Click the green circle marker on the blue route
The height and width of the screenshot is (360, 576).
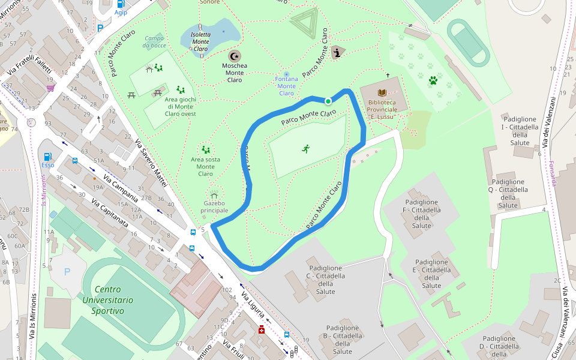[x=328, y=101]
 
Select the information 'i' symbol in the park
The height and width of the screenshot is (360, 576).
[x=338, y=53]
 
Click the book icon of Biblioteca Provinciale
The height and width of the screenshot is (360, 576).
[x=382, y=92]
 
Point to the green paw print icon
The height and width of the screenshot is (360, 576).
[x=433, y=80]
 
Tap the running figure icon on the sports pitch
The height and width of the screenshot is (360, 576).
[x=306, y=148]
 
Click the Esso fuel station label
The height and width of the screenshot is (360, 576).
[x=48, y=165]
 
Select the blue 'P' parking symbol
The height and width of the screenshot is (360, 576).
[x=67, y=272]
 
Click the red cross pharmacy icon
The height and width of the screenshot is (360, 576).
[x=261, y=329]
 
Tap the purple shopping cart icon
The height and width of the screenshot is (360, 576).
[x=50, y=88]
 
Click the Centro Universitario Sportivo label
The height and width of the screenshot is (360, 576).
[x=108, y=300]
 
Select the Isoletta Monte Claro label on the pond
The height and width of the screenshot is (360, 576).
[x=200, y=41]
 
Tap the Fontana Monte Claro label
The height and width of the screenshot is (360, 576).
[x=286, y=86]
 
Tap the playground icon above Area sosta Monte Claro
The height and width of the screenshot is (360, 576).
[x=206, y=149]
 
